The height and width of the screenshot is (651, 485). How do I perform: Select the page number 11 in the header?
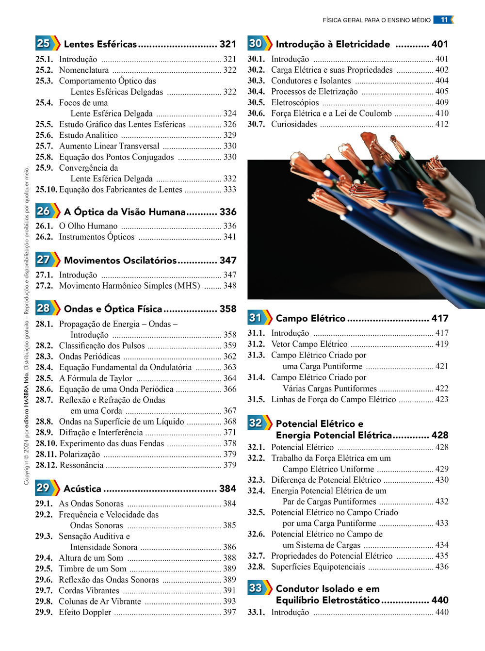(444, 20)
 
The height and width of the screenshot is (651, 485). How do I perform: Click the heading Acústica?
(82, 488)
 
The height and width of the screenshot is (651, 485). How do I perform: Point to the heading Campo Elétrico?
(310, 318)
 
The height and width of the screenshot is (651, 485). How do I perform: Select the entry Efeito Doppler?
(85, 612)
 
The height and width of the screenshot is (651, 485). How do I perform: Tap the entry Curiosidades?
(294, 124)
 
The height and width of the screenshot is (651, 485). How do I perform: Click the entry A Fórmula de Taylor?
(96, 378)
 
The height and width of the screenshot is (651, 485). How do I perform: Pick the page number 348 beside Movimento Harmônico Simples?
(230, 286)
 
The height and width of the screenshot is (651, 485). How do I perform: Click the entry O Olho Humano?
(88, 226)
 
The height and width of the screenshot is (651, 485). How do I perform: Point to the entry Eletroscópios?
(295, 102)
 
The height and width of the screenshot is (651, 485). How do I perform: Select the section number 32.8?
(256, 567)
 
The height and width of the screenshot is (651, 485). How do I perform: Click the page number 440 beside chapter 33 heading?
(440, 600)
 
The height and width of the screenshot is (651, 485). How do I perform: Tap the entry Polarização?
(80, 455)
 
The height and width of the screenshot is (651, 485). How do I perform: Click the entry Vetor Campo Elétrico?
(309, 344)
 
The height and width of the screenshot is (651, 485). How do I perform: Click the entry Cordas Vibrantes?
(89, 590)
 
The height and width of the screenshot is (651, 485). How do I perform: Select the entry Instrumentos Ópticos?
(97, 237)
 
